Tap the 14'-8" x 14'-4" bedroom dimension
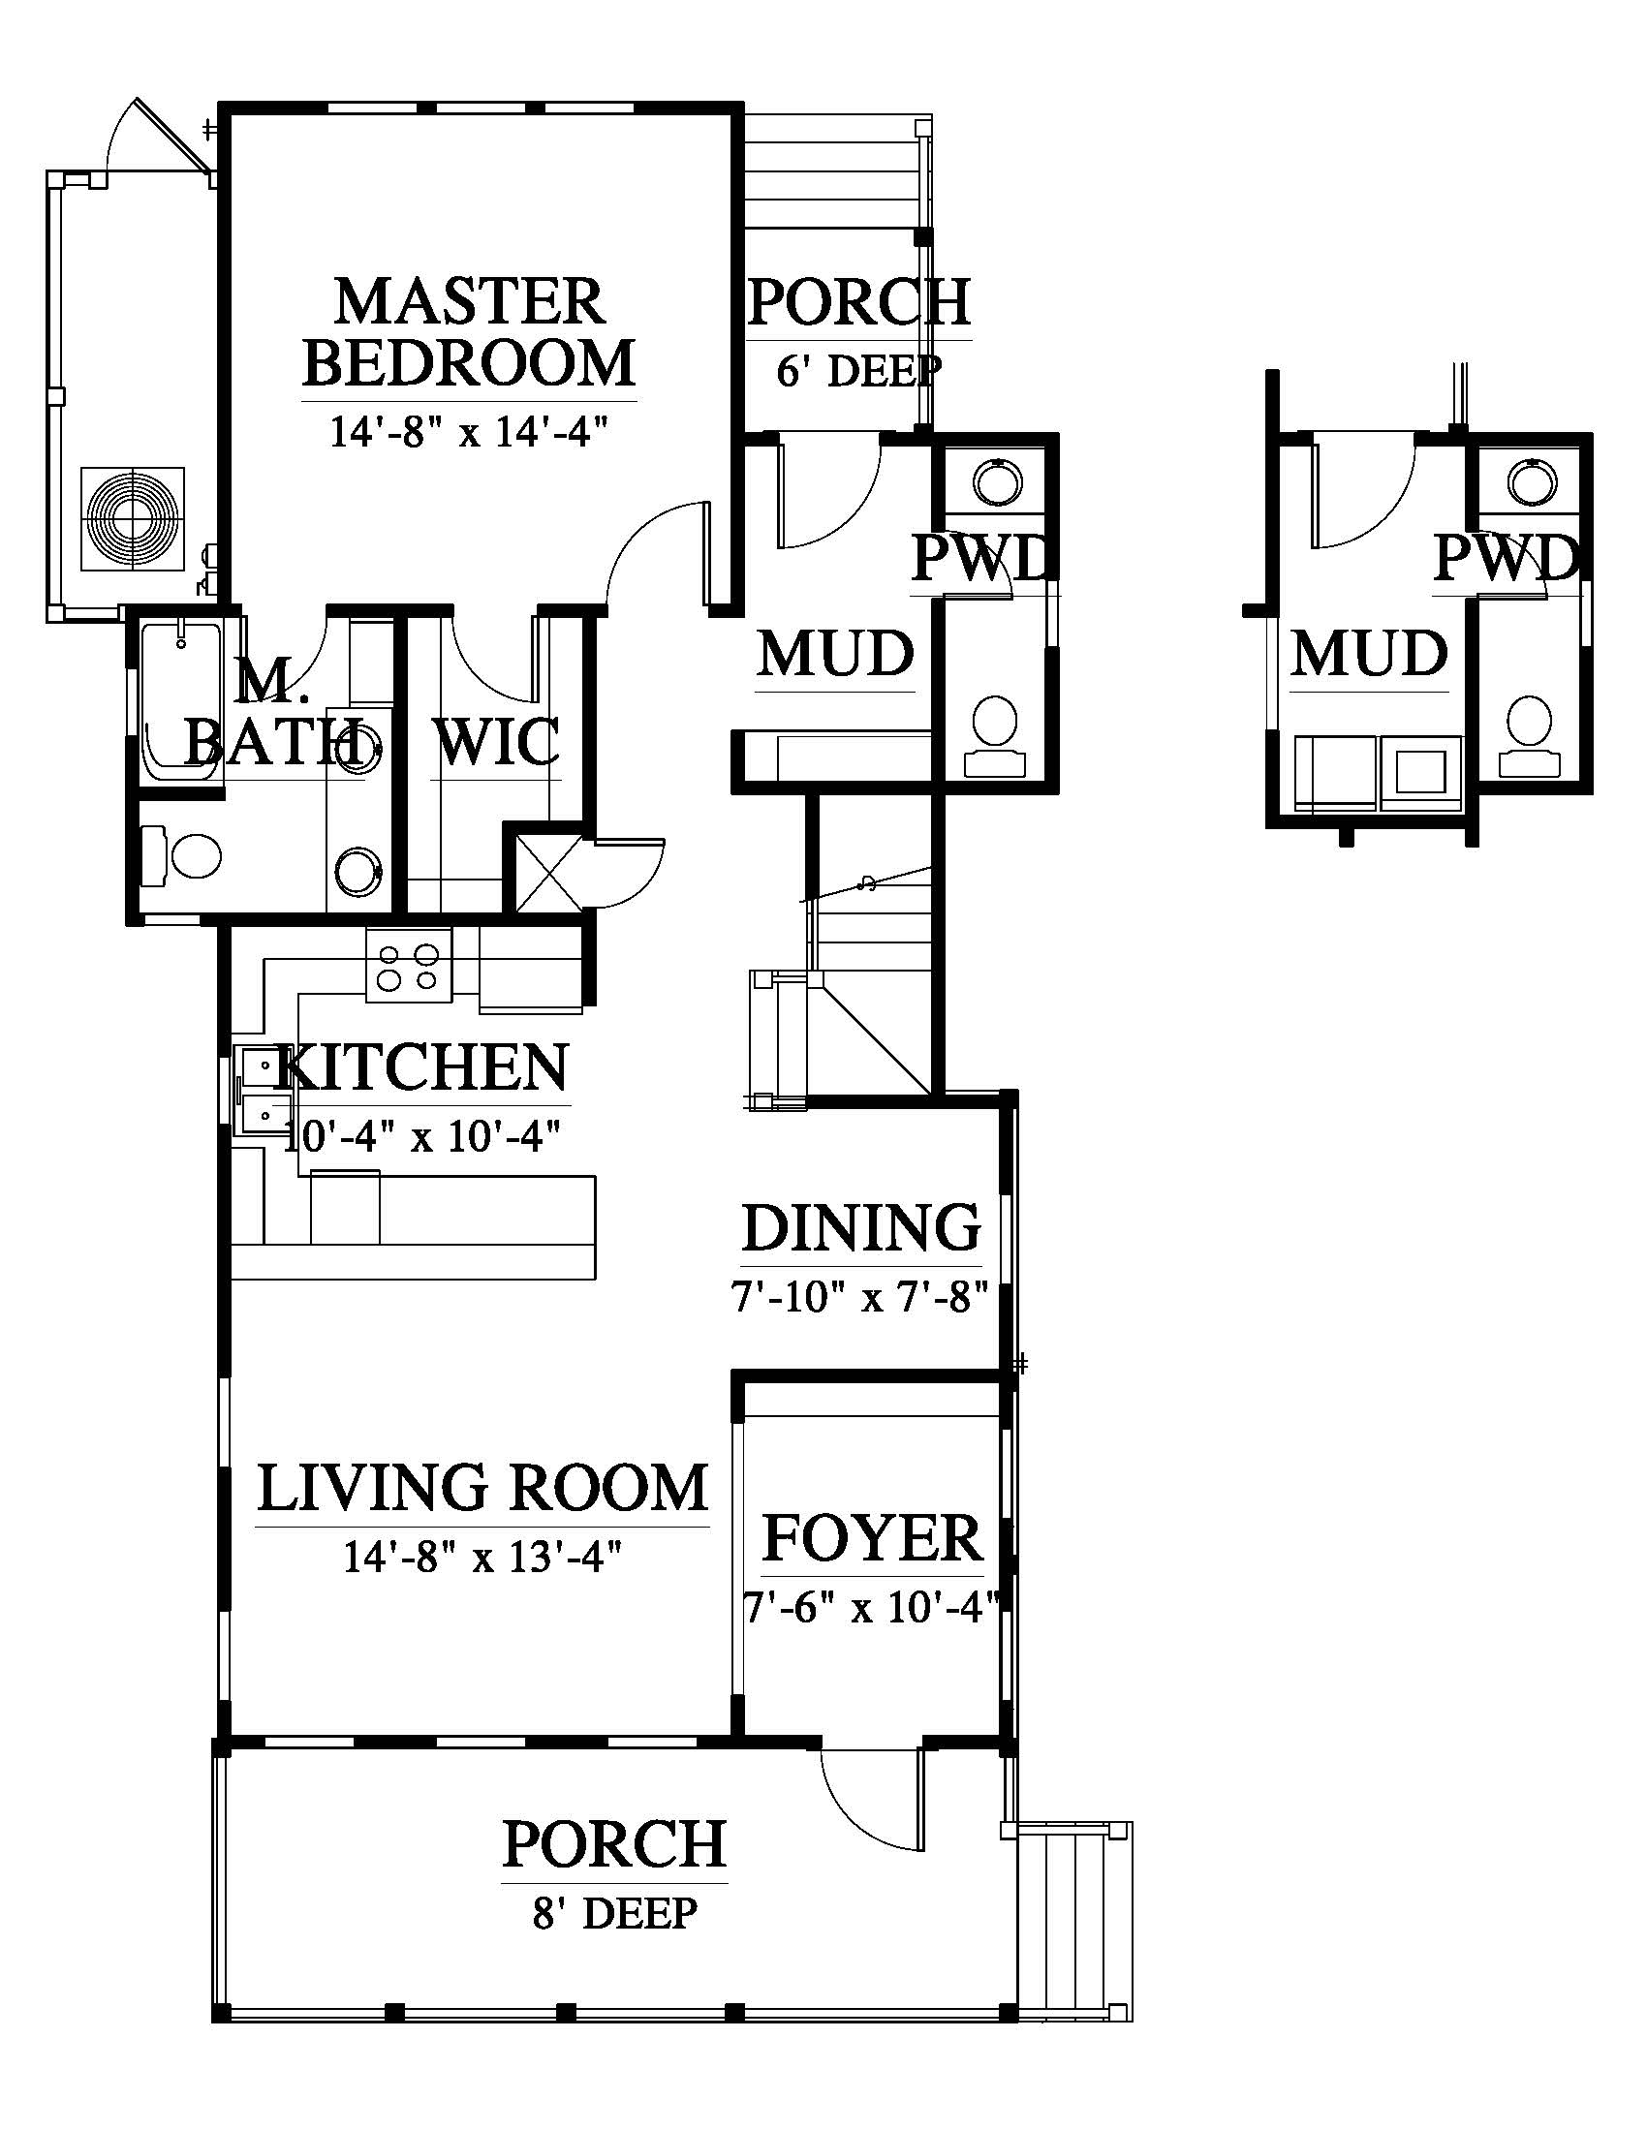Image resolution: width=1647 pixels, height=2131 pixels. coord(469,430)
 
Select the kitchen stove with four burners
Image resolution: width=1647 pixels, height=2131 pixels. coord(409,964)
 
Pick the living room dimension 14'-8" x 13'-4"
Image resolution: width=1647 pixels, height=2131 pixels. coord(482,1557)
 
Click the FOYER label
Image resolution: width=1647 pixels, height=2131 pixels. coord(872,1538)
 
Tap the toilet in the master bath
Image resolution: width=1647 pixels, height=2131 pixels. coord(182,856)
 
